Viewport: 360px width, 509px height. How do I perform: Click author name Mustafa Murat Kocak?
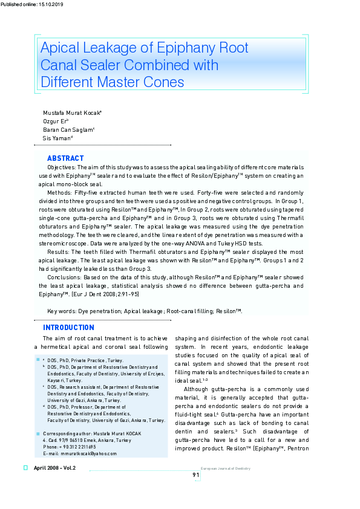71,113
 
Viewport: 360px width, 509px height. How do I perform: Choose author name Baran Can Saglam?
68,130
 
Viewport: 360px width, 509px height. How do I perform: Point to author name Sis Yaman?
57,138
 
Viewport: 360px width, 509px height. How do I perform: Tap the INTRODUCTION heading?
68,328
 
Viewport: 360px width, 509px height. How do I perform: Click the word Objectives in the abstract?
61,167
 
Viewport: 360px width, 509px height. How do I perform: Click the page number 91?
196,475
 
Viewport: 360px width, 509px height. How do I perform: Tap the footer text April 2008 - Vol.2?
55,468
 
